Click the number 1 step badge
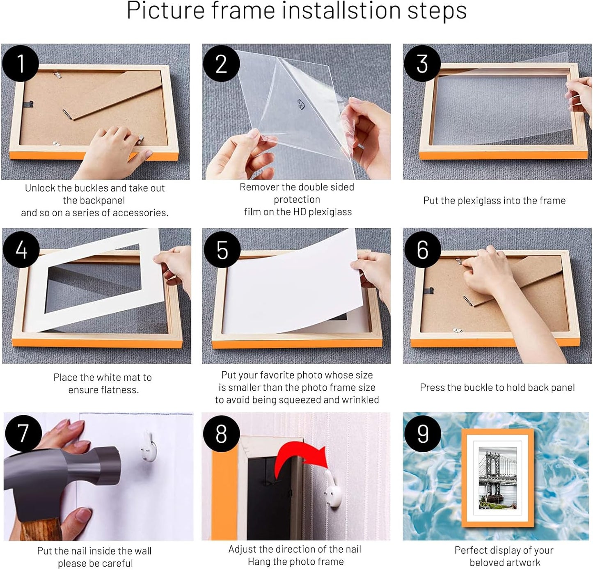point(21,64)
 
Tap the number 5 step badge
point(222,250)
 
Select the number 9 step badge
point(422,433)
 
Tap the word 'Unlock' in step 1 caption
point(40,188)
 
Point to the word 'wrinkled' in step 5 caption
point(362,400)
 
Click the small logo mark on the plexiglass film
point(300,104)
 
